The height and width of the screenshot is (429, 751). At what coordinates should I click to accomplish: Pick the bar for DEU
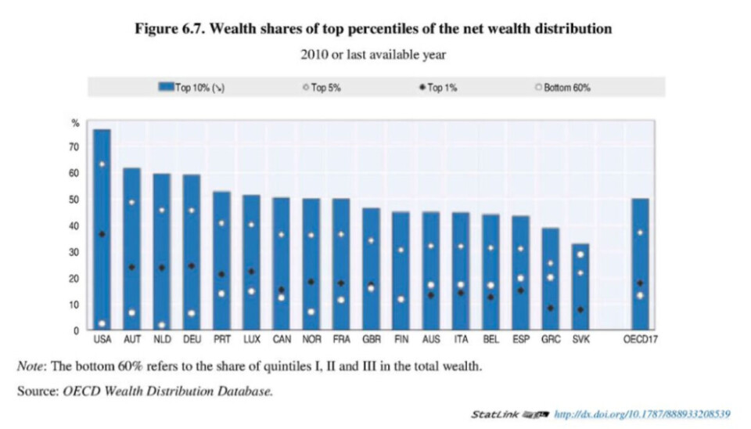(x=191, y=251)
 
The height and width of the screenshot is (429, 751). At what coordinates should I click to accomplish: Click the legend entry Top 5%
(x=322, y=88)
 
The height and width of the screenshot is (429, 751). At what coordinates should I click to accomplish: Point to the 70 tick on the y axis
(x=75, y=147)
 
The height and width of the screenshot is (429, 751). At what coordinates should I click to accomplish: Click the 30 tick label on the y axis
(x=75, y=252)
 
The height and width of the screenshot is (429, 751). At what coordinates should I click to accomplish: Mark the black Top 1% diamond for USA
(x=102, y=234)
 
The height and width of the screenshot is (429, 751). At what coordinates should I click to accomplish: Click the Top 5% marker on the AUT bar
(x=131, y=203)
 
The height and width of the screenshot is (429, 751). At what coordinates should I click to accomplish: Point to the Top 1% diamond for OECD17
(x=640, y=283)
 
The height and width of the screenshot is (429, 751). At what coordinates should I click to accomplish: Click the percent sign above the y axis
(x=76, y=122)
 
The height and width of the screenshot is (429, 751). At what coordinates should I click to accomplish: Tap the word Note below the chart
(x=31, y=366)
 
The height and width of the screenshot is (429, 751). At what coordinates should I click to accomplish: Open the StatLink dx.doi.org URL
(x=641, y=413)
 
